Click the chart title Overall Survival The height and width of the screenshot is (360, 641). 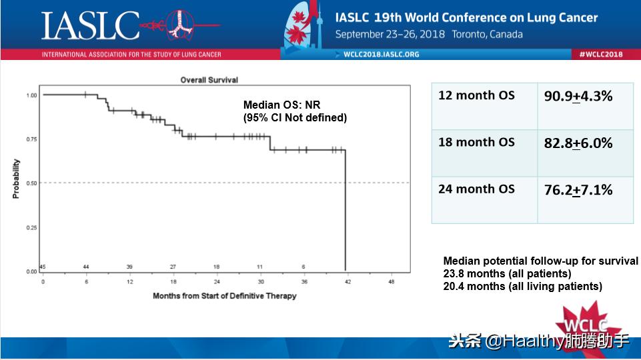click(x=209, y=80)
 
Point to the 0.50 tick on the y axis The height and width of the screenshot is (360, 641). click(x=31, y=183)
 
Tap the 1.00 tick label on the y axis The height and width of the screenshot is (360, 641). click(x=31, y=95)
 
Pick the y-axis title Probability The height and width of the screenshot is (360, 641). click(x=16, y=179)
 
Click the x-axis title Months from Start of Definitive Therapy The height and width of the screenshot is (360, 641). click(x=224, y=295)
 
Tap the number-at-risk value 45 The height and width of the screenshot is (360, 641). click(x=43, y=267)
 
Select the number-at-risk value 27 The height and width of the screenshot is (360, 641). click(x=173, y=267)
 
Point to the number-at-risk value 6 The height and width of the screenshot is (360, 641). click(x=303, y=267)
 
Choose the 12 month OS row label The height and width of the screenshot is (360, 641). click(x=476, y=95)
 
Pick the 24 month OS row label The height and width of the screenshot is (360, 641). click(x=476, y=189)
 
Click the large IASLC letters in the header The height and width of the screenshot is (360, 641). click(x=91, y=25)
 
